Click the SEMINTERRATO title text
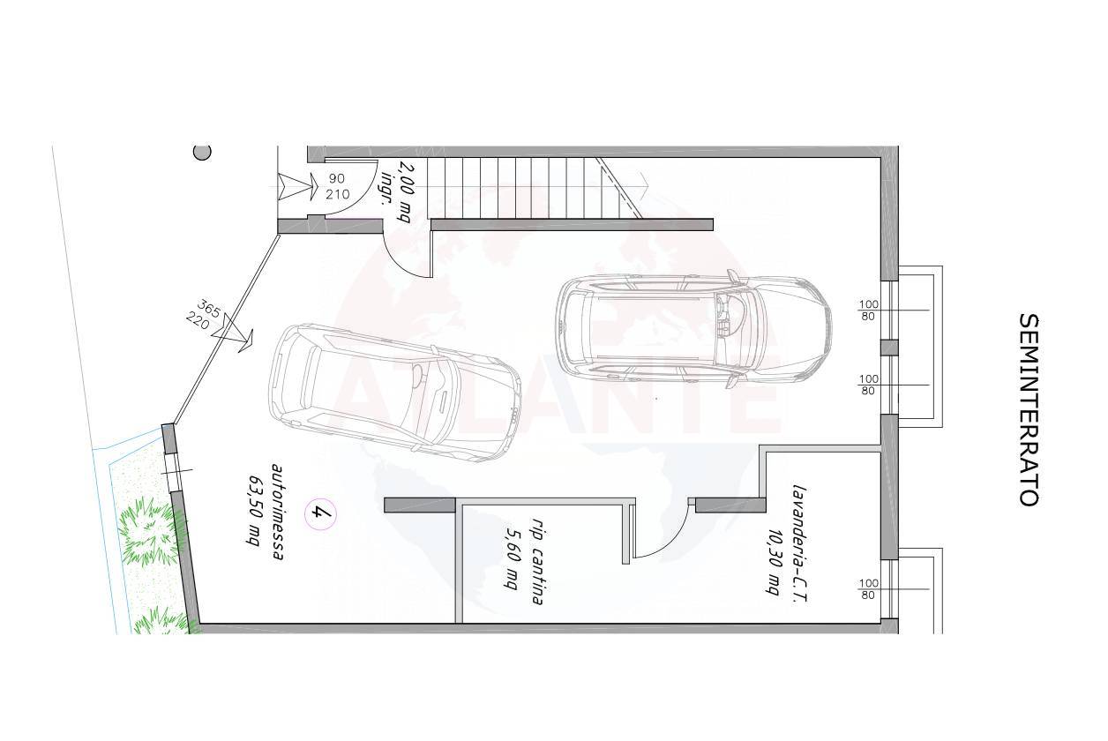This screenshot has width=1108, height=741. click(1028, 409)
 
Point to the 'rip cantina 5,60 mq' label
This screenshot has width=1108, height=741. click(523, 561)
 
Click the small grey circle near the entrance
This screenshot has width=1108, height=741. click(202, 152)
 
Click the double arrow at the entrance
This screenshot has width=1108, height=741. click(296, 186)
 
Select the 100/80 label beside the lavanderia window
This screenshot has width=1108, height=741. click(868, 588)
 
